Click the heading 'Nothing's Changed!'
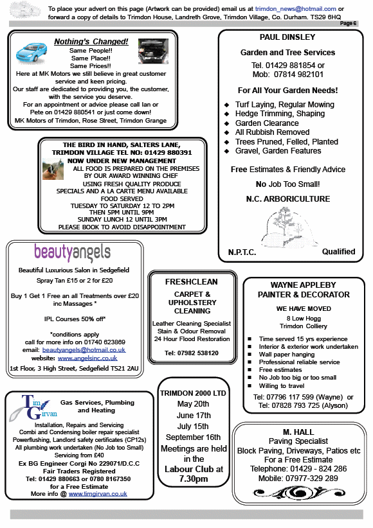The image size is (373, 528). pos(100,42)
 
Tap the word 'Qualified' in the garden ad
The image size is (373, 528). pos(338,252)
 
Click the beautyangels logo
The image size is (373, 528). pos(72,251)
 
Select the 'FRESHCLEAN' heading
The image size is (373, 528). pos(191,282)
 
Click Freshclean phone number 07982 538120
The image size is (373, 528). pos(191,353)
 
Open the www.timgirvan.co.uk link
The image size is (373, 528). pos(98,494)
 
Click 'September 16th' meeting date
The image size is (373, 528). pos(193,437)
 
